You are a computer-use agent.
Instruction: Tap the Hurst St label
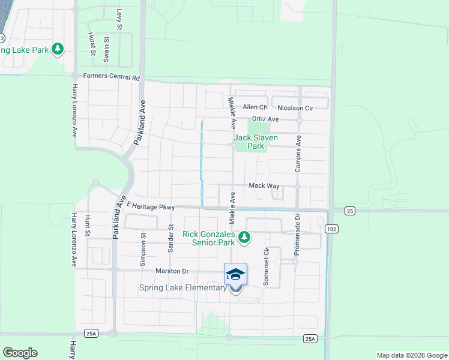click(92, 44)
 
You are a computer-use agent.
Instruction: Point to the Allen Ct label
click(255, 107)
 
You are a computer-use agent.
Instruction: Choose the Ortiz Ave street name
click(265, 119)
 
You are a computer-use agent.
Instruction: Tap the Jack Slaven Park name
click(256, 142)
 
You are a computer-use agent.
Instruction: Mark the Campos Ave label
click(298, 154)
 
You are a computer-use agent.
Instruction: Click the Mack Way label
click(264, 186)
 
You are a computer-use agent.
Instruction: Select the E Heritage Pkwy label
click(151, 206)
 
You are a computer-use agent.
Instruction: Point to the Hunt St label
click(87, 226)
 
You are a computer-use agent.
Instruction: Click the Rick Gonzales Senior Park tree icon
click(244, 238)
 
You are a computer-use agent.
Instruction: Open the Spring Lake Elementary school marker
click(235, 275)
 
